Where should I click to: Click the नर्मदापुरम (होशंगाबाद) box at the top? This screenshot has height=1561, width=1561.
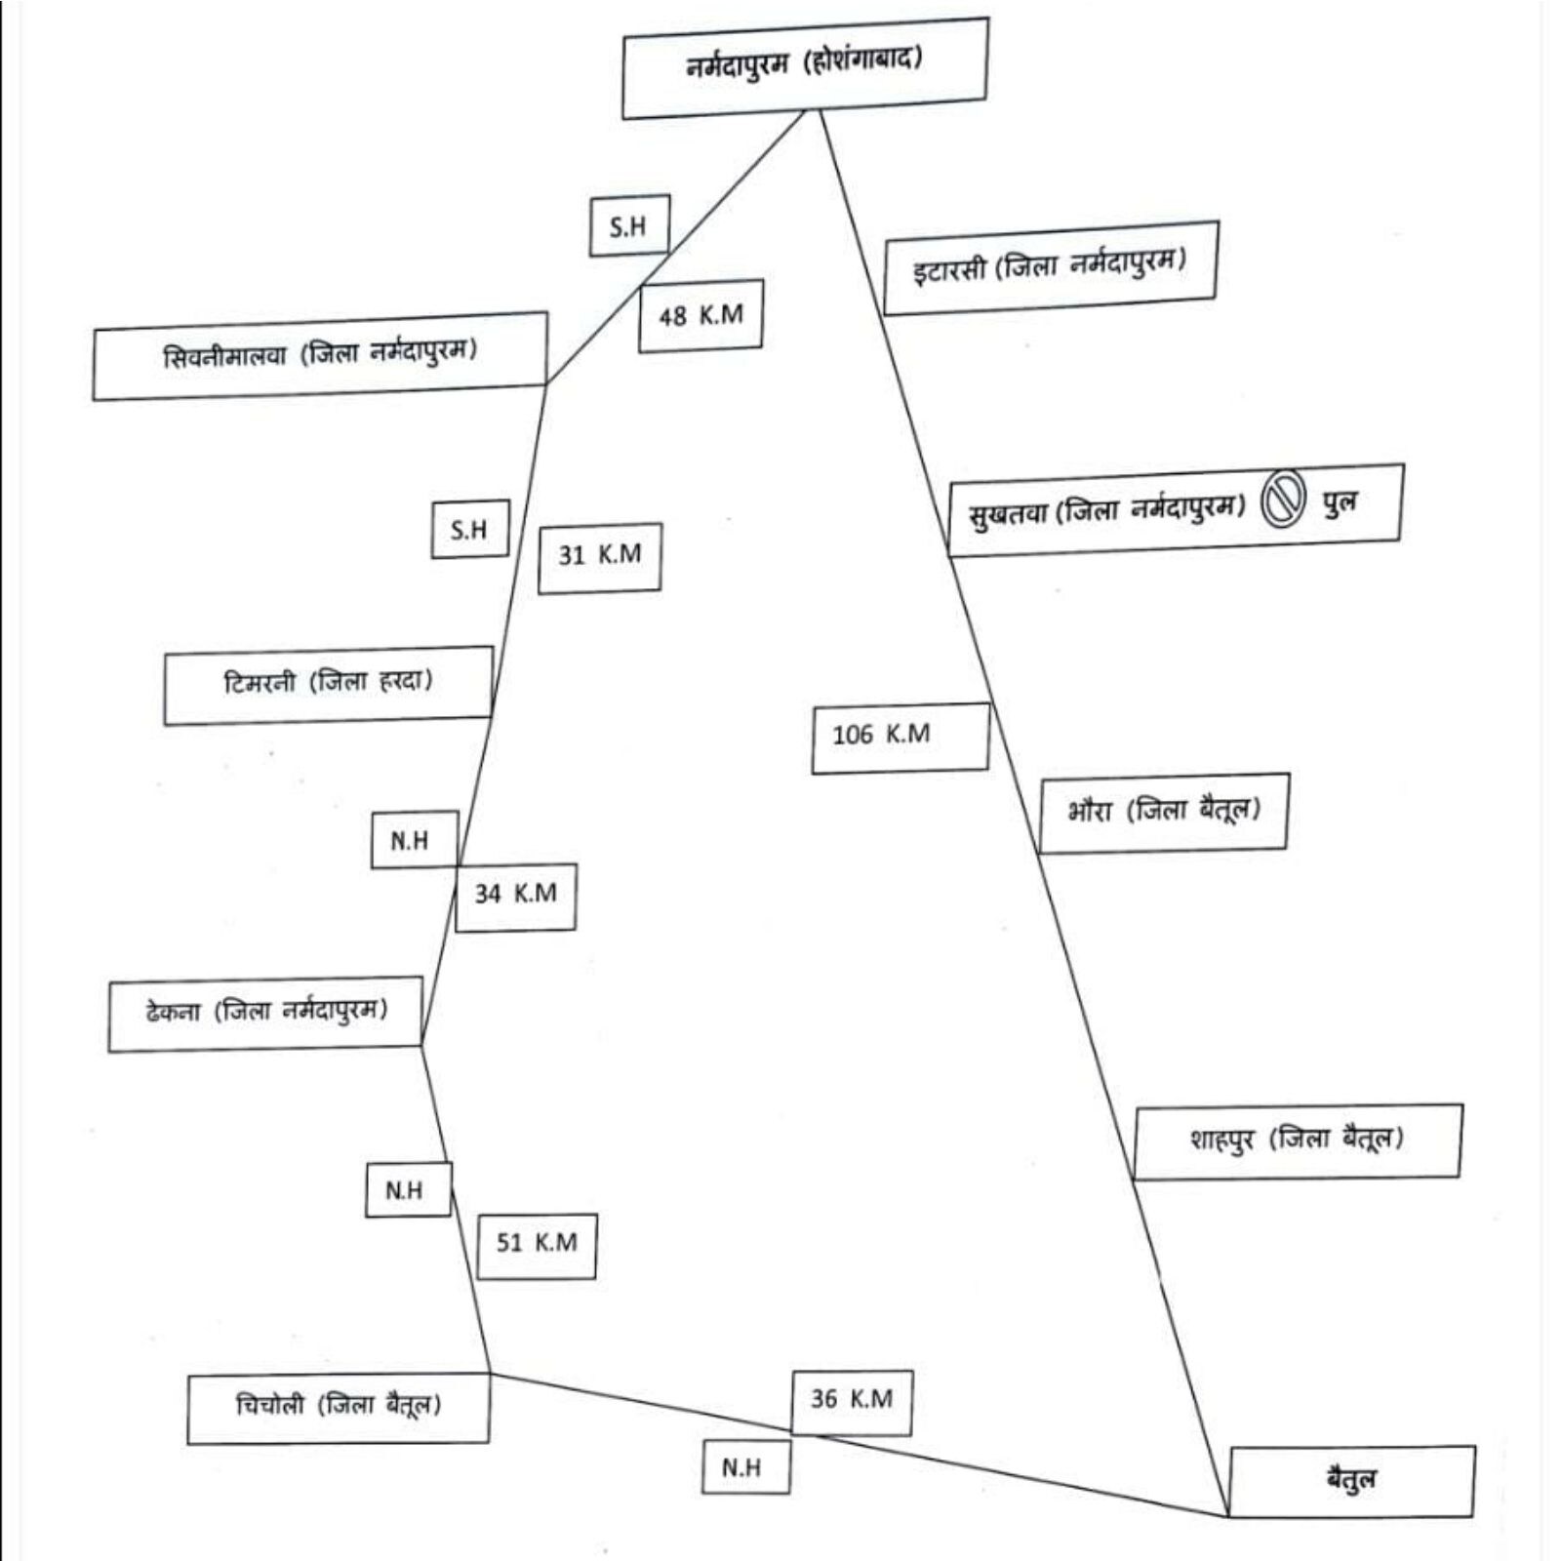pyautogui.click(x=804, y=66)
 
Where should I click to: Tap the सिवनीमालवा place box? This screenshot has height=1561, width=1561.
pyautogui.click(x=320, y=355)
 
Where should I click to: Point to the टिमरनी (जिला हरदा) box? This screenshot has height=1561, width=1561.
pyautogui.click(x=328, y=684)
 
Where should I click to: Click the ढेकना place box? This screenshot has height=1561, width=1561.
pyautogui.click(x=265, y=1014)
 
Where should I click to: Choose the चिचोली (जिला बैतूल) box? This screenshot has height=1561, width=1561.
pyautogui.click(x=338, y=1407)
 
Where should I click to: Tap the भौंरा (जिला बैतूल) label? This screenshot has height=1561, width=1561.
pyautogui.click(x=1163, y=812)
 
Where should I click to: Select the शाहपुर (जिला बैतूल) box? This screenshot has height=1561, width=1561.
pyautogui.click(x=1297, y=1141)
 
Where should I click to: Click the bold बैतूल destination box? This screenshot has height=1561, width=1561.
pyautogui.click(x=1351, y=1481)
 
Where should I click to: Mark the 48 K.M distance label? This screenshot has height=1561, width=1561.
pyautogui.click(x=700, y=316)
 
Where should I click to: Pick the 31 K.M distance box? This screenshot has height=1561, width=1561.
pyautogui.click(x=600, y=557)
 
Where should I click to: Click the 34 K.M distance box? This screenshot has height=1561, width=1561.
pyautogui.click(x=515, y=896)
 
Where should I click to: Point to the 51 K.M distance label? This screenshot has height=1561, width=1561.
pyautogui.click(x=537, y=1245)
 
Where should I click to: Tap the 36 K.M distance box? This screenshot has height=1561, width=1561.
pyautogui.click(x=852, y=1401)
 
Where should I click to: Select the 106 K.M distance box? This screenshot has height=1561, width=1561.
pyautogui.click(x=900, y=737)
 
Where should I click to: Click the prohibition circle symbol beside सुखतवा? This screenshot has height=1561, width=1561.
pyautogui.click(x=1283, y=502)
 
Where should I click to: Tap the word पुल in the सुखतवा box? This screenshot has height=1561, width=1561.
pyautogui.click(x=1340, y=504)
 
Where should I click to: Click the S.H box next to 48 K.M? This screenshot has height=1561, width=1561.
pyautogui.click(x=628, y=226)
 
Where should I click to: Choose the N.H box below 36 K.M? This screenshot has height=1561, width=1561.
pyautogui.click(x=745, y=1467)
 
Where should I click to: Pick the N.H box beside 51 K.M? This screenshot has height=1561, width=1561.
pyautogui.click(x=408, y=1190)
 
